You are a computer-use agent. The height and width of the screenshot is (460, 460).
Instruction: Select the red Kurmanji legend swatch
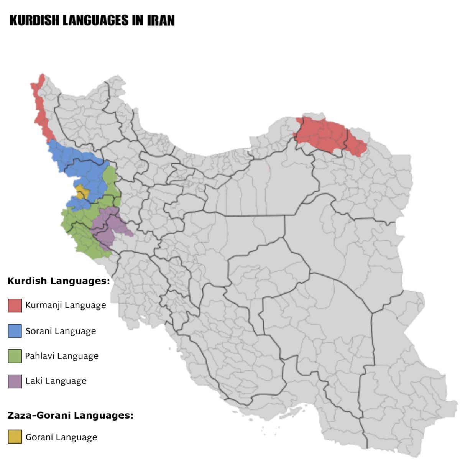(15, 306)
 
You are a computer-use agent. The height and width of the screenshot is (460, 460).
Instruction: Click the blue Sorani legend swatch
(15, 331)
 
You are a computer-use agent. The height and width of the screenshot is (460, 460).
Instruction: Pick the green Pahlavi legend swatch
(15, 356)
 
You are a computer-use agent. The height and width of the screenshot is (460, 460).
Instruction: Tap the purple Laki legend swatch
(15, 381)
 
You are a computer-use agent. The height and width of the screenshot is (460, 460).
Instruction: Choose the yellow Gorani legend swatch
(15, 437)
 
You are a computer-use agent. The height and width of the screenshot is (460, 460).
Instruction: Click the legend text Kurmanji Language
(66, 306)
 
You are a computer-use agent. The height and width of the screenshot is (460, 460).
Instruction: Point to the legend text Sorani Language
(61, 331)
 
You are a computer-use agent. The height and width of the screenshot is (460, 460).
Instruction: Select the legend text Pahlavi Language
(62, 356)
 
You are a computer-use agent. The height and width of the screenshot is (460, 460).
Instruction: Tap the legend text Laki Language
(56, 381)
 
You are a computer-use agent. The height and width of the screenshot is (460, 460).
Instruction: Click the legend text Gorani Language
(61, 437)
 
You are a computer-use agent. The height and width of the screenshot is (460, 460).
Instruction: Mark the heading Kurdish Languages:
(59, 281)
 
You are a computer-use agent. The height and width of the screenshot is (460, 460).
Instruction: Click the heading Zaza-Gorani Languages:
(71, 415)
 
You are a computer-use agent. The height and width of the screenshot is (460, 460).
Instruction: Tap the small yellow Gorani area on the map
(82, 192)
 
